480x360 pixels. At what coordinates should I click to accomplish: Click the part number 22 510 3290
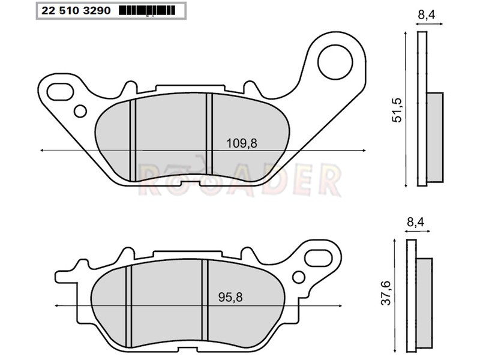tap(76, 11)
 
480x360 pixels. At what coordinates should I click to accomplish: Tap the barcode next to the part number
tap(147, 11)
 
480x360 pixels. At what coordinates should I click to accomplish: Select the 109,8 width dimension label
tap(242, 143)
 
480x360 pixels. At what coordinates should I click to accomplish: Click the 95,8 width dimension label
tap(230, 297)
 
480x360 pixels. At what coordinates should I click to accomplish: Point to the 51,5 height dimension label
tap(397, 110)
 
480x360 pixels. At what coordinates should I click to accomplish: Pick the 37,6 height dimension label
tap(387, 293)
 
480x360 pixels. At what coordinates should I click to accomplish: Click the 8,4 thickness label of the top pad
tap(427, 14)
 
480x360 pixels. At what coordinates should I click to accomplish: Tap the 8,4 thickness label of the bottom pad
tap(415, 222)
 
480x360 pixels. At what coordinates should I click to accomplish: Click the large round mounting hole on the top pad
tap(335, 62)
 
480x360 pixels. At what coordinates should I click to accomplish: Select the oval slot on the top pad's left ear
tap(61, 92)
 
